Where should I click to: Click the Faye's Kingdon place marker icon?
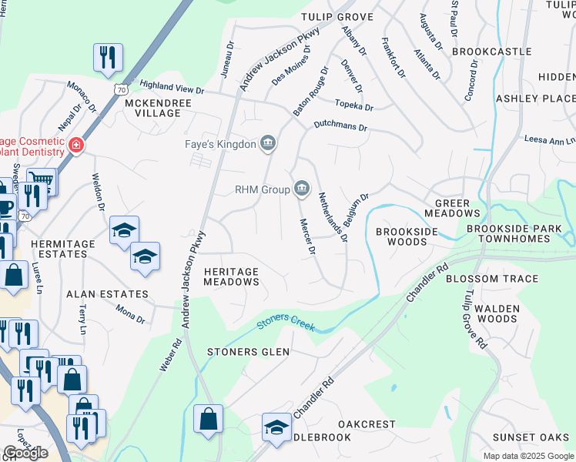tap(268, 142)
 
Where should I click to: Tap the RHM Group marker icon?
tap(301, 189)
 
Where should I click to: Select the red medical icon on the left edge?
tap(76, 145)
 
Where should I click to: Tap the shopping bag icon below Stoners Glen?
tap(209, 420)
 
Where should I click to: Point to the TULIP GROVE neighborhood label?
tap(337, 17)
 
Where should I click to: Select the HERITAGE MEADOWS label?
tap(231, 276)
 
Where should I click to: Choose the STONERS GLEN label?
tap(248, 352)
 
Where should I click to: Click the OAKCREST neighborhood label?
tap(367, 424)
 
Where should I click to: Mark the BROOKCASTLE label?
tap(492, 52)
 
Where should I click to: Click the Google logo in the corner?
tap(25, 453)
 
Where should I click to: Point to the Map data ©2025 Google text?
tap(527, 456)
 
